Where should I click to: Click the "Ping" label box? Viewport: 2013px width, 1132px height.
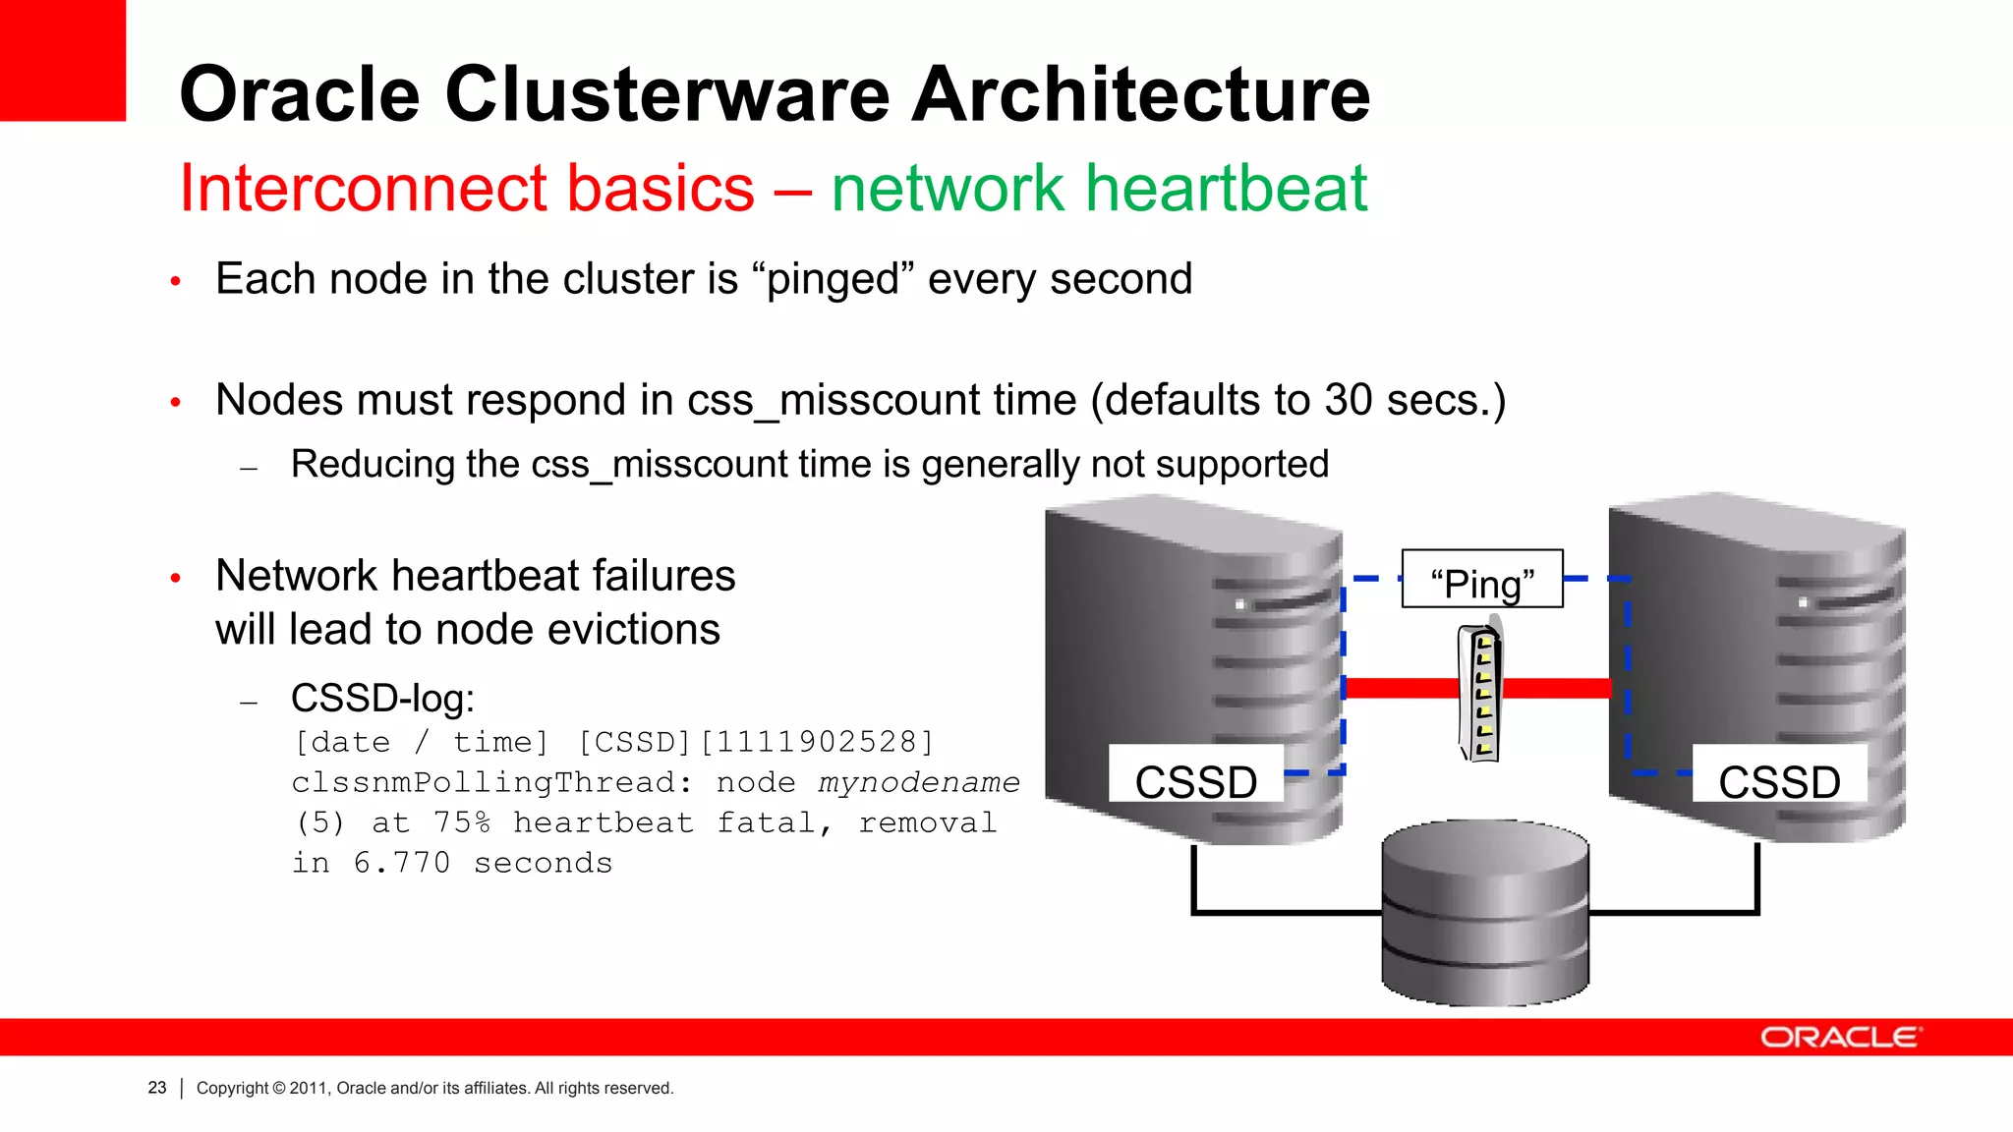[1481, 581]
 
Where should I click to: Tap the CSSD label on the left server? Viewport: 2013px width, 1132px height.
[1195, 780]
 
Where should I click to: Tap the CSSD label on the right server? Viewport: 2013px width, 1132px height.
[1779, 780]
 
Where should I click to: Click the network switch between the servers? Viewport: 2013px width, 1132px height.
[1480, 694]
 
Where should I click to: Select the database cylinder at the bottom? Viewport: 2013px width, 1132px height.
[1484, 914]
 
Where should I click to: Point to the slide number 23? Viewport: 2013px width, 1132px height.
[157, 1088]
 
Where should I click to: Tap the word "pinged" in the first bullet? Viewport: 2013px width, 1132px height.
[832, 280]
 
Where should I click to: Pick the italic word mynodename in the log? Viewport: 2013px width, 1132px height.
[919, 782]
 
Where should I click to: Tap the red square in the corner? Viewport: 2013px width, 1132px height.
[62, 59]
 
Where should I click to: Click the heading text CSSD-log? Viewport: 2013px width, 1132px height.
[382, 699]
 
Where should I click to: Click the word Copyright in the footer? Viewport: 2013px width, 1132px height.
[232, 1088]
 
